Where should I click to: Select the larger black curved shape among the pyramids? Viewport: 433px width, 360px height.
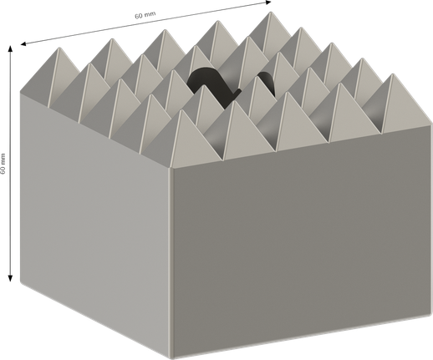coord(206,85)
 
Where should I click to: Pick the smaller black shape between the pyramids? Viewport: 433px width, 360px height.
coord(265,81)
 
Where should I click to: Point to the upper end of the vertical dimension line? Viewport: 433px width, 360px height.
coord(11,51)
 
